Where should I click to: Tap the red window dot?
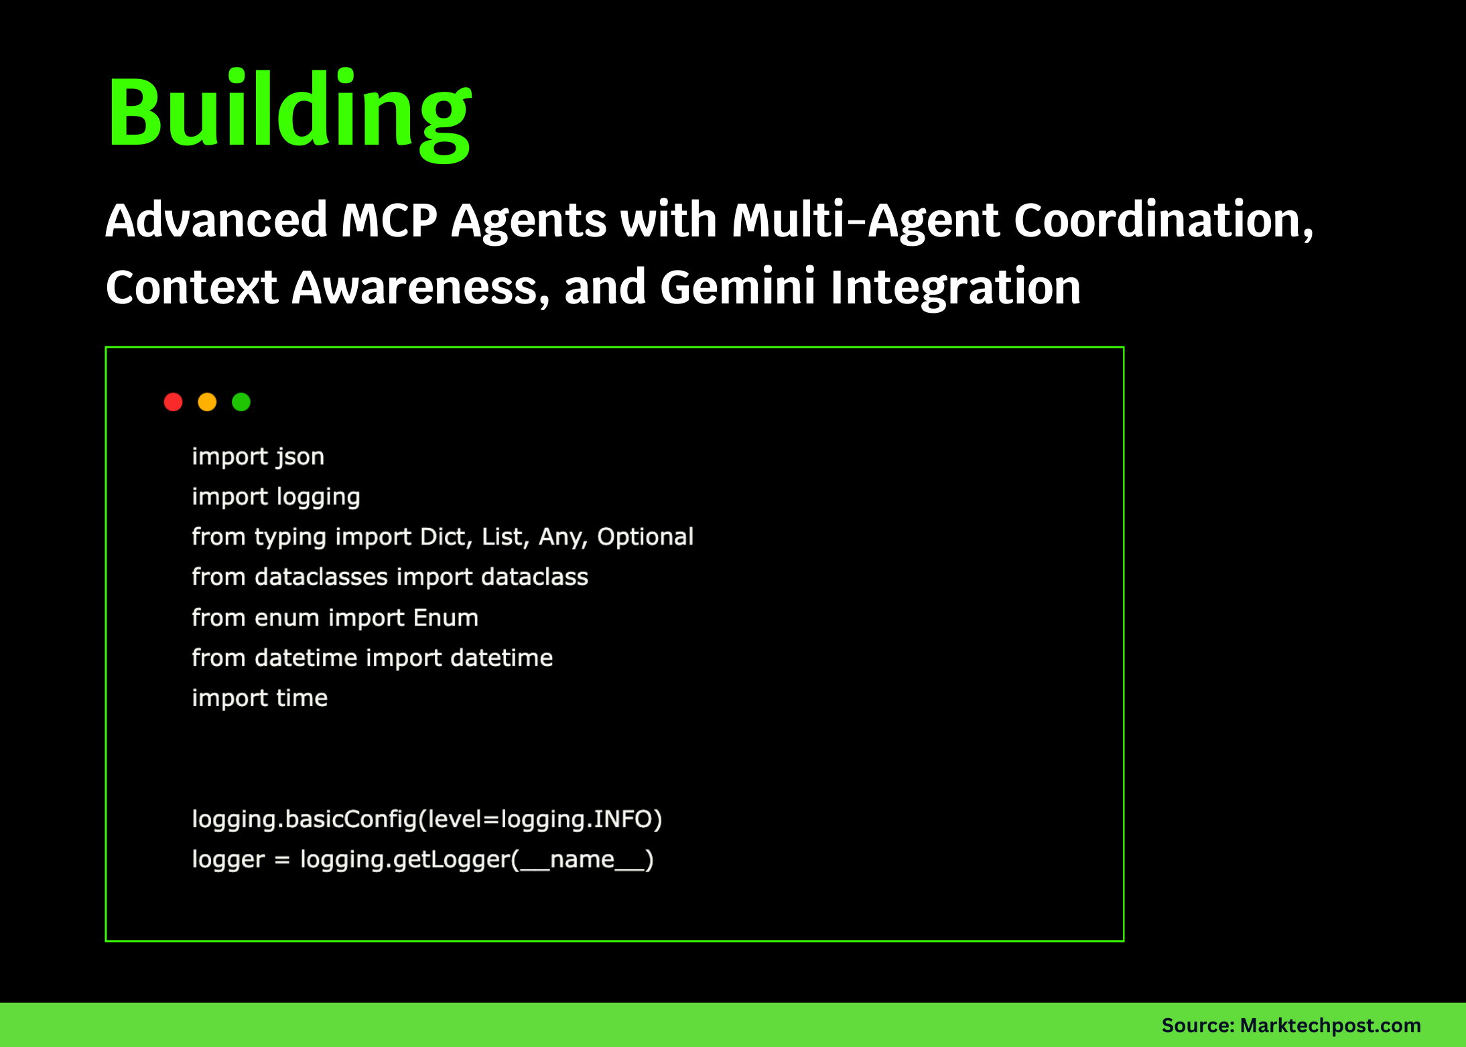coord(173,402)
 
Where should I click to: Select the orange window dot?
coord(207,402)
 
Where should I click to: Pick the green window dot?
coord(241,402)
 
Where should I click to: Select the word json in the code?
coord(300,457)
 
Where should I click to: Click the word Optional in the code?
coord(645,537)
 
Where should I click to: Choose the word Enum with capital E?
coord(446,618)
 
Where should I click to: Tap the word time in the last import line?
coord(302,698)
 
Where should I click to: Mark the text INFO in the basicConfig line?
coord(623,819)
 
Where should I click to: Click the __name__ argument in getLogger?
coord(582,859)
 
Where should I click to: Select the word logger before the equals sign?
coord(228,859)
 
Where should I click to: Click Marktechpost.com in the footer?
coord(1330,1026)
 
